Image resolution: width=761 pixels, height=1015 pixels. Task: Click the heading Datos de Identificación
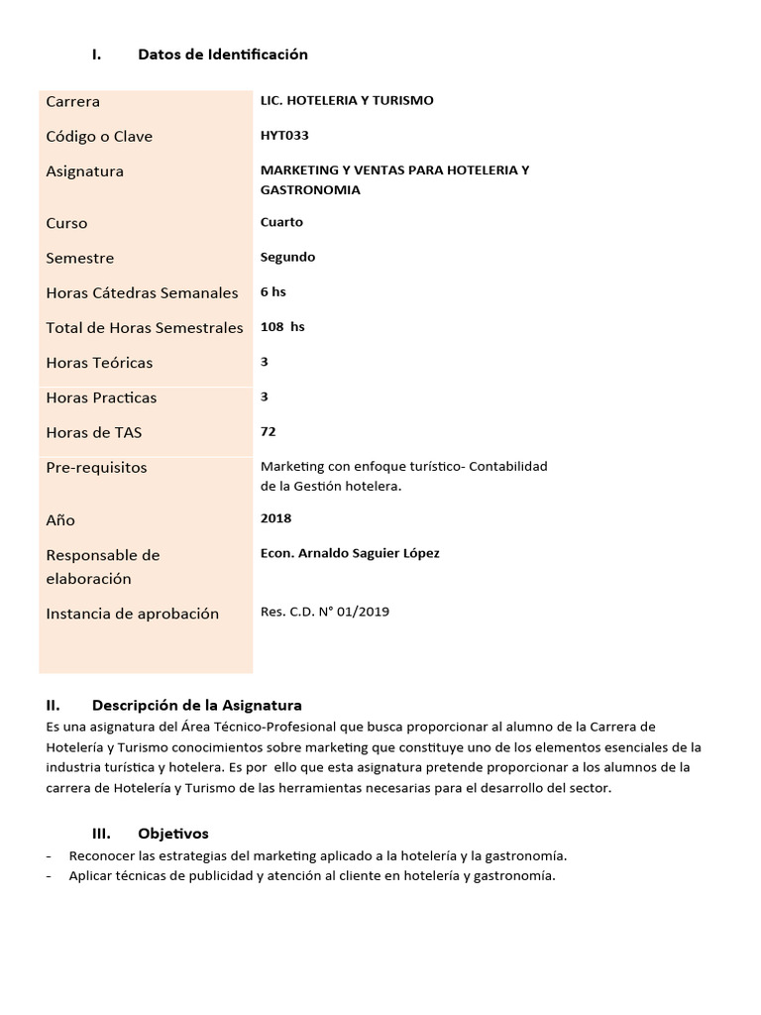point(223,55)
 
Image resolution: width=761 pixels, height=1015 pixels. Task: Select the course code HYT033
point(284,135)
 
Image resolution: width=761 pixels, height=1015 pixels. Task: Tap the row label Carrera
point(72,101)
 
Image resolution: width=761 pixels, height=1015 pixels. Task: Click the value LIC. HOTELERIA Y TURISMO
point(347,100)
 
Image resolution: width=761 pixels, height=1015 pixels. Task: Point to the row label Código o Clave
point(99,136)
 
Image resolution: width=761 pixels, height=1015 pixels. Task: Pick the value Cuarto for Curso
point(281,222)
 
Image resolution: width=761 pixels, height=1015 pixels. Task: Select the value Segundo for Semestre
point(287,257)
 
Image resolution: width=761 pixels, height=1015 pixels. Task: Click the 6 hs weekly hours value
point(272,291)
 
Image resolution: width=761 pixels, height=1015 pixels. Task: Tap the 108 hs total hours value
point(282,326)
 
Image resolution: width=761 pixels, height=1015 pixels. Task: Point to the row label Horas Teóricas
point(99,363)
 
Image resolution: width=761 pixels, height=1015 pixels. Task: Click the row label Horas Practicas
point(101,397)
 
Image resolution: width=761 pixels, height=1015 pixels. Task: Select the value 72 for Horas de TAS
point(268,431)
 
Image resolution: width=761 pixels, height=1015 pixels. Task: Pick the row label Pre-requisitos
point(96,467)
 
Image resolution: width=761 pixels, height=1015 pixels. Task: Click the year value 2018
point(275,517)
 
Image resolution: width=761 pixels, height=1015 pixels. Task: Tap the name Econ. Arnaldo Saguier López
point(350,553)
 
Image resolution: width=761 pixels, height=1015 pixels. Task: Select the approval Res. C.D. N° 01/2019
point(325,612)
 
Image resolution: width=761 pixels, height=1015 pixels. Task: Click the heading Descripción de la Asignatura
point(196,706)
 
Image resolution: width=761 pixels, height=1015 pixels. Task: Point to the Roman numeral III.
point(100,834)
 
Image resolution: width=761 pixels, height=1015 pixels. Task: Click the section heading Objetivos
point(173,834)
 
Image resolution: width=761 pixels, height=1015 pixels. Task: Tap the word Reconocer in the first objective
point(103,855)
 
